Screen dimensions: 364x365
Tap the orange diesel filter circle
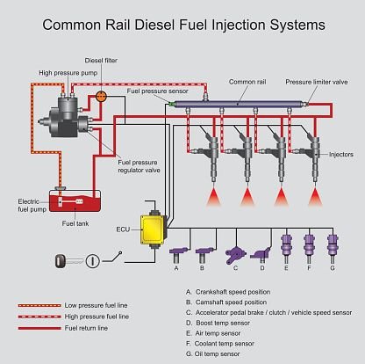[101, 94]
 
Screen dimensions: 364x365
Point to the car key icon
[62, 259]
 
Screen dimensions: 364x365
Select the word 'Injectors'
[340, 154]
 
